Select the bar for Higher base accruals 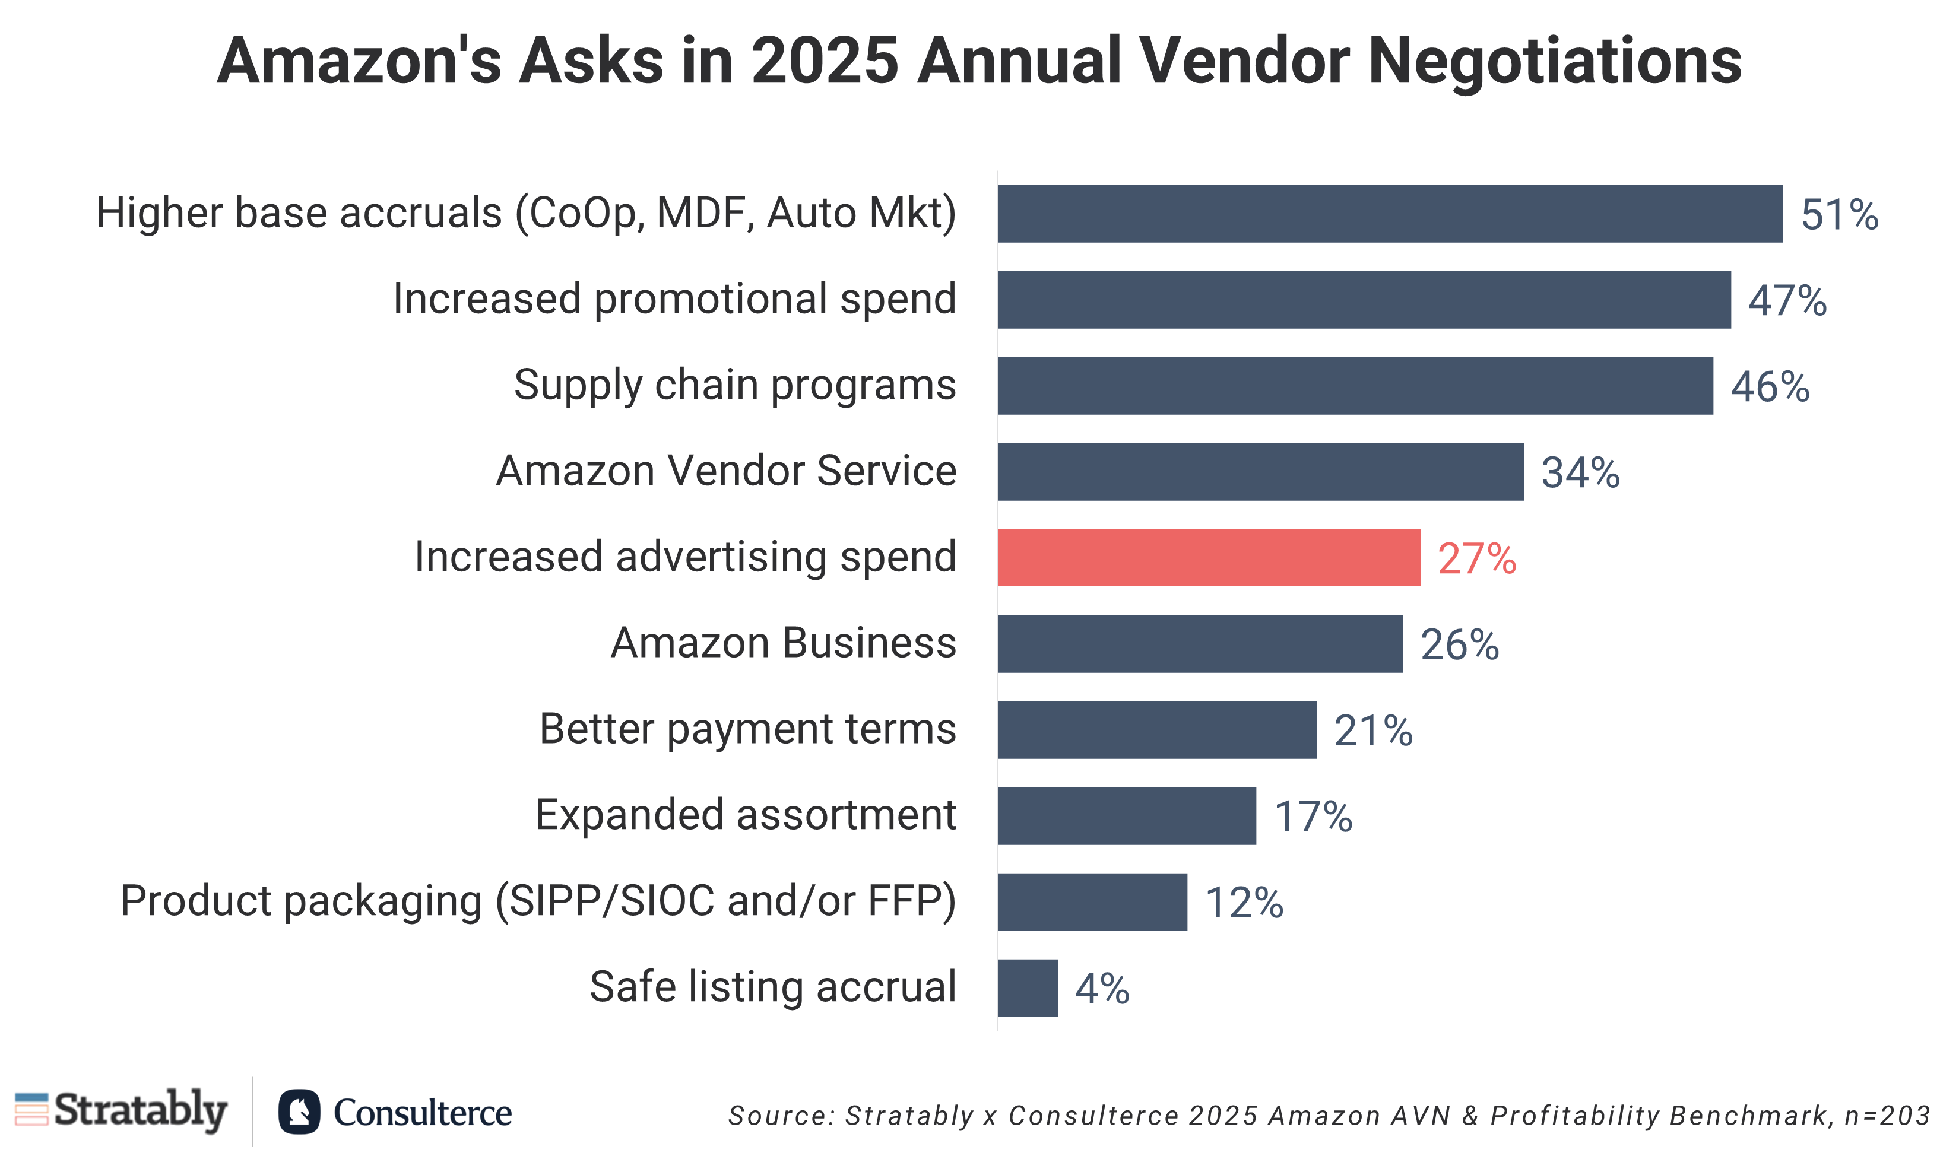pyautogui.click(x=1390, y=214)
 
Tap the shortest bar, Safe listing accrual pyautogui.click(x=1028, y=987)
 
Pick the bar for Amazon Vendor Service pyautogui.click(x=1261, y=472)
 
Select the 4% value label pyautogui.click(x=1101, y=988)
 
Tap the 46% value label pyautogui.click(x=1770, y=387)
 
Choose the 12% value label pyautogui.click(x=1244, y=903)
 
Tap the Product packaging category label pyautogui.click(x=538, y=901)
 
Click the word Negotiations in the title pyautogui.click(x=1554, y=61)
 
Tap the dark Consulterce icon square pyautogui.click(x=299, y=1112)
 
